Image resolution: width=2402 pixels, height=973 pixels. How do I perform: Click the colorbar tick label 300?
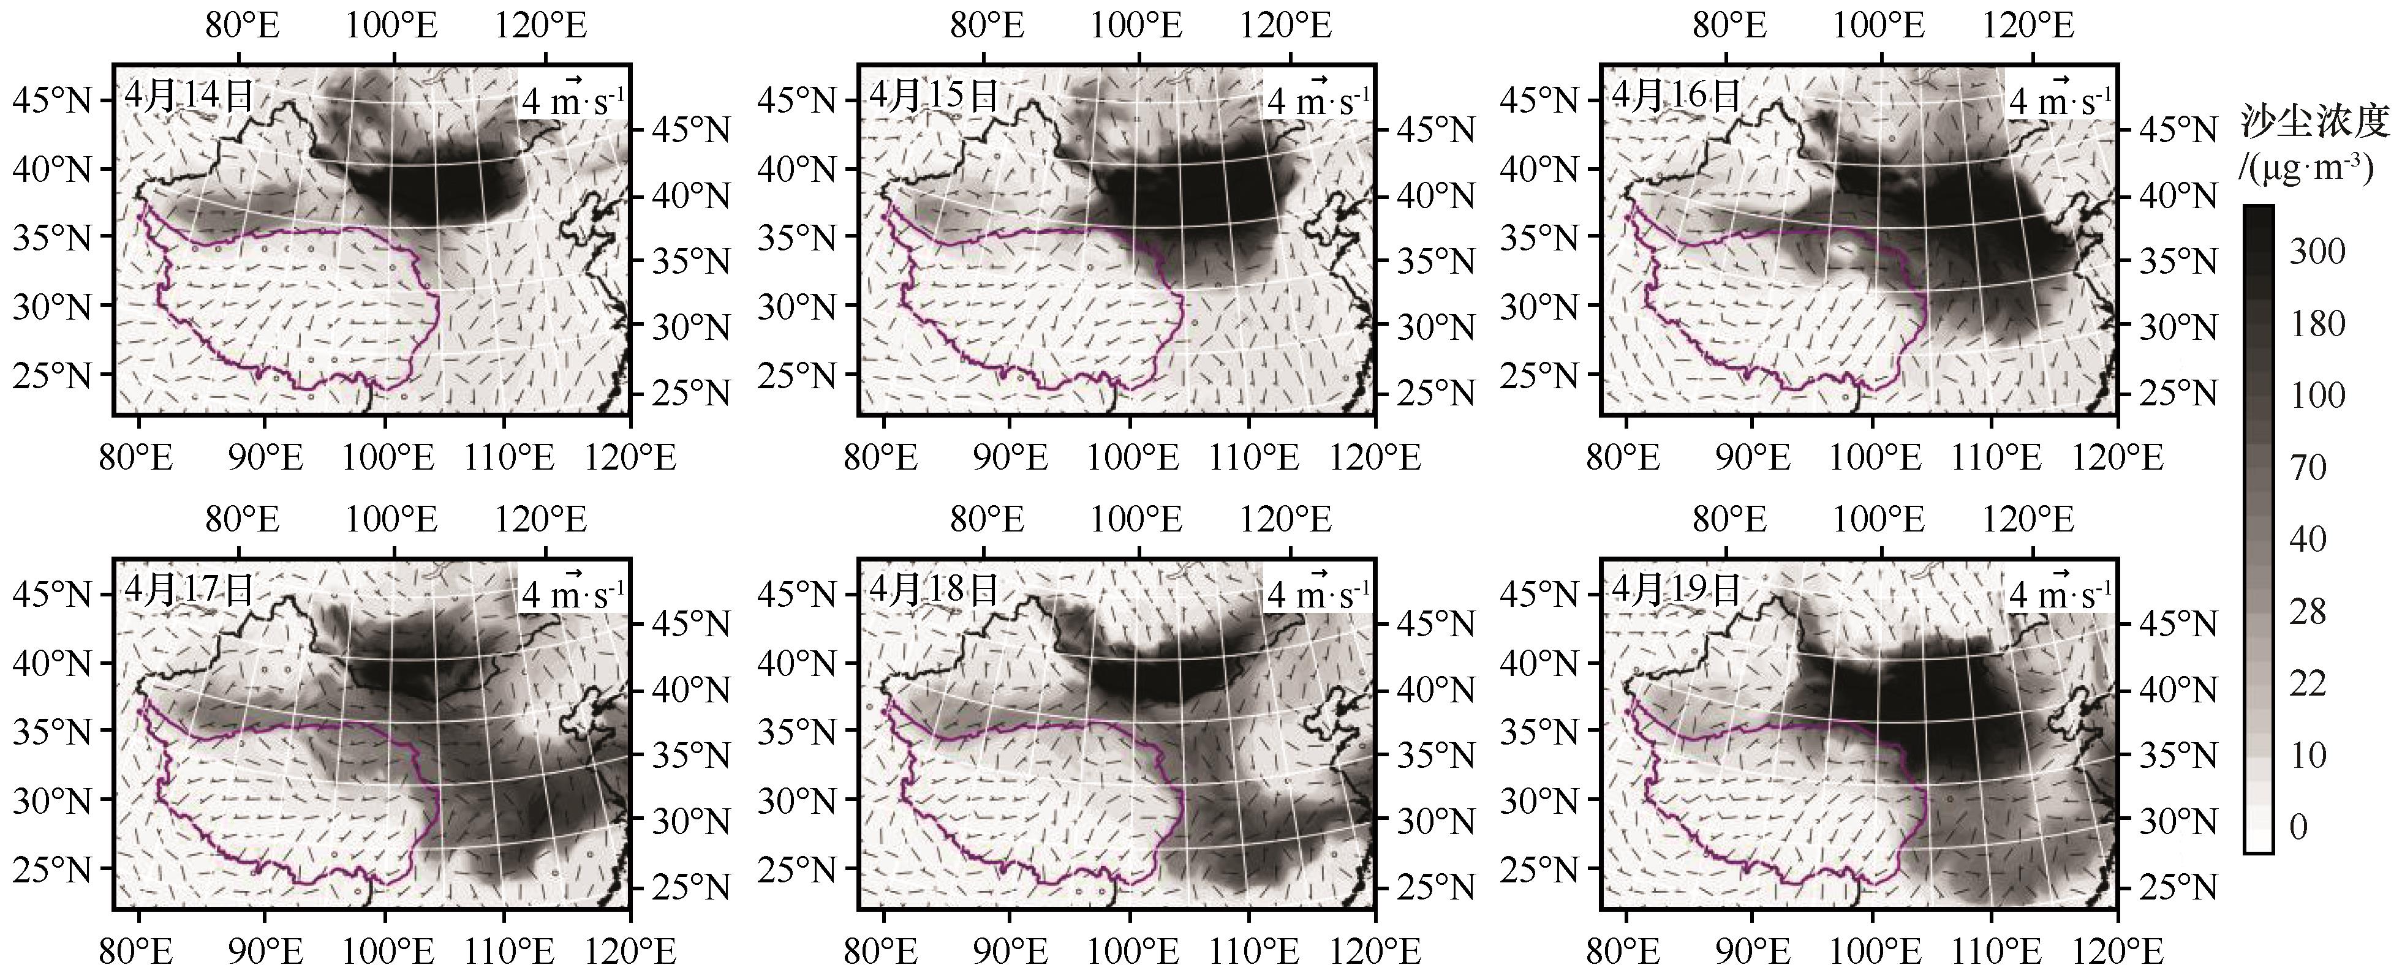coord(2317,252)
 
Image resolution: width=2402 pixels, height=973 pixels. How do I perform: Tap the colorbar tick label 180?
coord(2317,323)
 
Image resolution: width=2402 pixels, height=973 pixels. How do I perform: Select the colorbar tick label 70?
coord(2308,467)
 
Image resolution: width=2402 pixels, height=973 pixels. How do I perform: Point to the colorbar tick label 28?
coord(2308,611)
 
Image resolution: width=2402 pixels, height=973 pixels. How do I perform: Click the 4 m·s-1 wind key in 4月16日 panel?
coord(2060,99)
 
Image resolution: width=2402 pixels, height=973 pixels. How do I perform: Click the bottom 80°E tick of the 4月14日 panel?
coord(139,457)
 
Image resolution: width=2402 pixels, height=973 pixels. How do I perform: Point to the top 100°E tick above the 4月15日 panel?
coord(1136,25)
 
